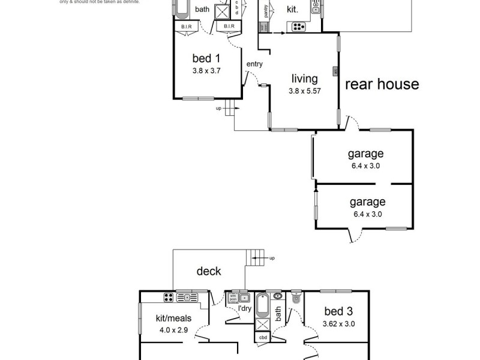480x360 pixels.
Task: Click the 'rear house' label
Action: click(x=382, y=84)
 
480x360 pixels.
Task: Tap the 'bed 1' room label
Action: click(x=206, y=58)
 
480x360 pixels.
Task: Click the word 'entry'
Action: click(x=254, y=64)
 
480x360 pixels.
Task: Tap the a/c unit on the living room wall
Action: click(x=335, y=71)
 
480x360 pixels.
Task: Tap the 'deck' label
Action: click(x=209, y=271)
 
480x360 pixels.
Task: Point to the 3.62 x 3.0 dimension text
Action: click(x=338, y=323)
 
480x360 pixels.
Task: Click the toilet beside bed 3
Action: click(x=296, y=298)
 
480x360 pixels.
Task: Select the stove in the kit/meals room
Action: click(x=170, y=296)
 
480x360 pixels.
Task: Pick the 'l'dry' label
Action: click(x=244, y=308)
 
